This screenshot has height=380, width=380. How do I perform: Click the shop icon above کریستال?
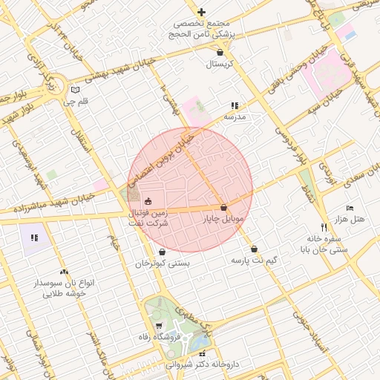(220, 53)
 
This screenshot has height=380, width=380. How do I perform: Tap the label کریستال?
(220, 65)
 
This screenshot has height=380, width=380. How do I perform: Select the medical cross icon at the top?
(201, 12)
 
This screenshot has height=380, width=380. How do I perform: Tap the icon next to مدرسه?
(235, 106)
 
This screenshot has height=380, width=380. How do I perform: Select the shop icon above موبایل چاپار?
(223, 208)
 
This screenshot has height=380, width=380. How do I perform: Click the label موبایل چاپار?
(223, 220)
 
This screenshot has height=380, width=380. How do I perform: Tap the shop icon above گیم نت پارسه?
(255, 249)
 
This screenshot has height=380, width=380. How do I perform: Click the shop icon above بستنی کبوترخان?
(163, 252)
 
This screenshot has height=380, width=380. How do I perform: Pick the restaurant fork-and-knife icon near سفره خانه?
(323, 226)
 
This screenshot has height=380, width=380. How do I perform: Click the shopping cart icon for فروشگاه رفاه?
(159, 326)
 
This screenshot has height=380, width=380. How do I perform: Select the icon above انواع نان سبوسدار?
(65, 272)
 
